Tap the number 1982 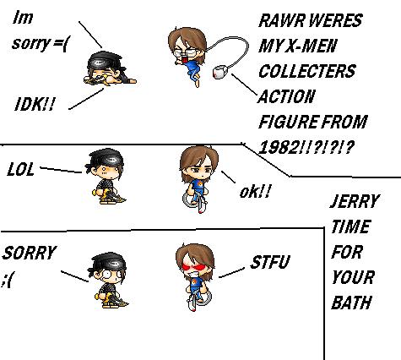pos(279,147)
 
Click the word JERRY pos(355,201)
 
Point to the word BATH pos(351,303)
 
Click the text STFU pos(269,262)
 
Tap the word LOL pos(20,170)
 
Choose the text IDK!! pos(35,105)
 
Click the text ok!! pos(255,192)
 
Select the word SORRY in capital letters pos(30,253)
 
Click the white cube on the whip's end pos(220,72)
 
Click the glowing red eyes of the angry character pos(193,266)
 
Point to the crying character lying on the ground pos(109,68)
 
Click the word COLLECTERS pos(307,71)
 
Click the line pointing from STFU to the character pos(231,273)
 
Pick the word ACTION pos(286,96)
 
